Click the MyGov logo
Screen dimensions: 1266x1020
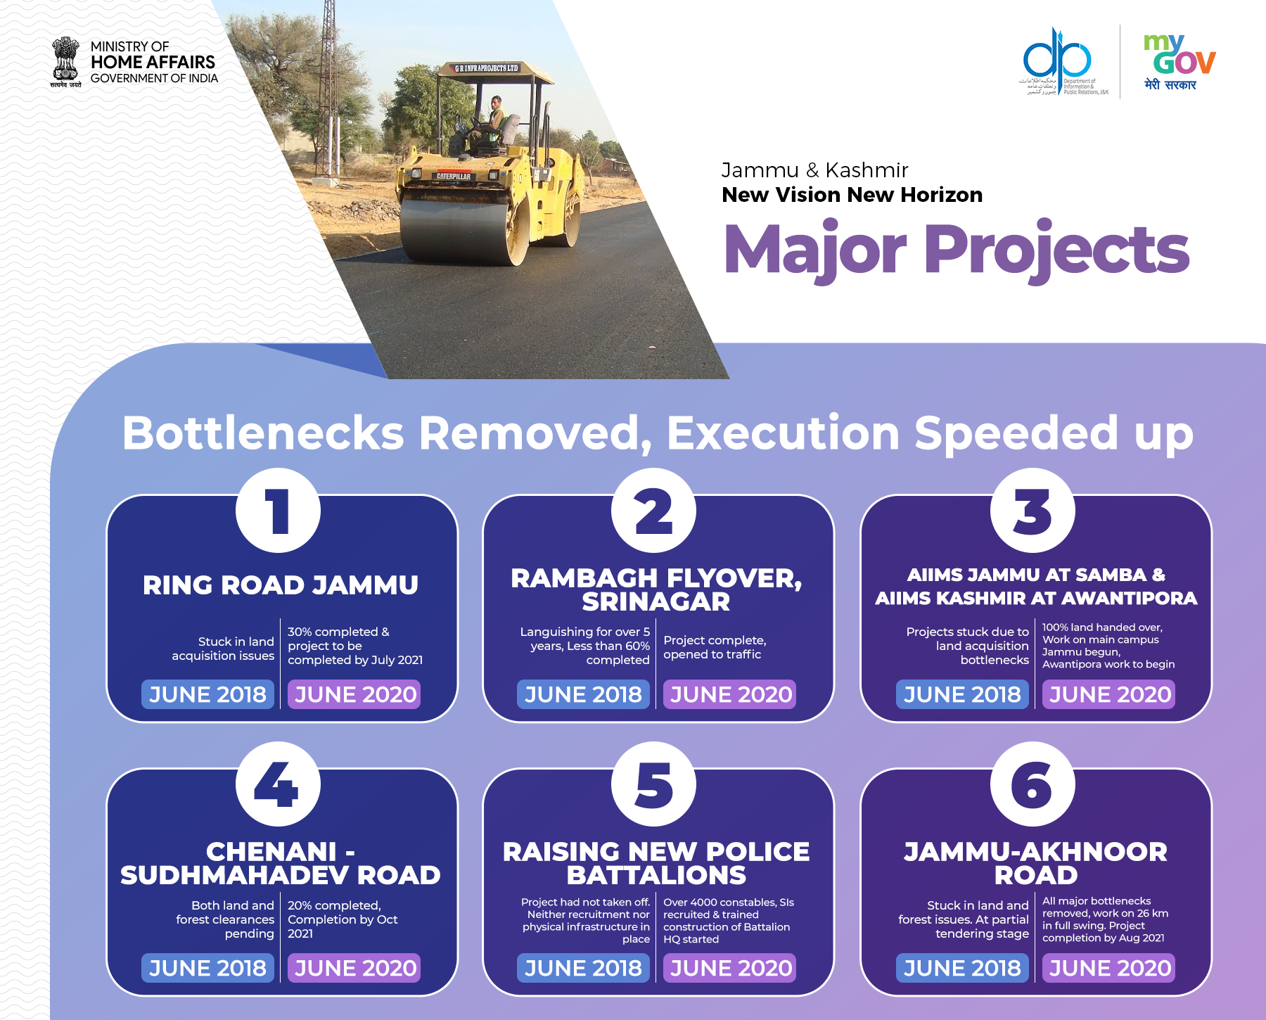[x=1179, y=62]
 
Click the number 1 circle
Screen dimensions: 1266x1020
[x=278, y=511]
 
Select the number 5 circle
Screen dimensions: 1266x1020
[x=653, y=784]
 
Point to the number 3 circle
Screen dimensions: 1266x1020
[x=1032, y=511]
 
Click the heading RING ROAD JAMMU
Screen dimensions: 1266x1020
[x=281, y=585]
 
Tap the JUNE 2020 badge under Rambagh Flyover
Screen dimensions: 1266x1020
[x=730, y=694]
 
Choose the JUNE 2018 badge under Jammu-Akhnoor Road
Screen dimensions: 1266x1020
[x=962, y=968]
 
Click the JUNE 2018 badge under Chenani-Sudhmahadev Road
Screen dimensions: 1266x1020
[x=207, y=968]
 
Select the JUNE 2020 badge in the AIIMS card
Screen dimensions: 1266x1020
[x=1109, y=694]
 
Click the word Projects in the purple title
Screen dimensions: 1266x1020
[x=1056, y=251]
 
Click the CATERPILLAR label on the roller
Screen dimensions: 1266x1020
[x=454, y=176]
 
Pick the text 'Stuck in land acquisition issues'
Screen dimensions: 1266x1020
[x=223, y=649]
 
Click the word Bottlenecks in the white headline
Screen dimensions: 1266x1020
[x=263, y=432]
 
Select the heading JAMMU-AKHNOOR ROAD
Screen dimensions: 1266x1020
[x=1036, y=863]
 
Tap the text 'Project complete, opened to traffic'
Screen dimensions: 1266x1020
[x=715, y=647]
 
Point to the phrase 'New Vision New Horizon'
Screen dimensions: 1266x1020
[x=852, y=195]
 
